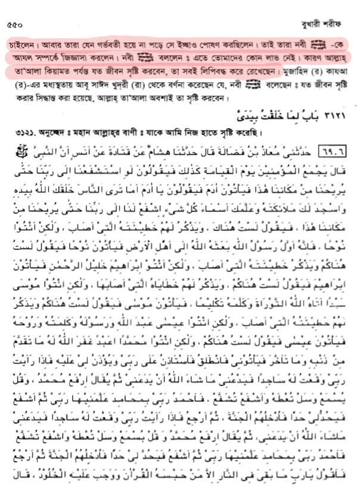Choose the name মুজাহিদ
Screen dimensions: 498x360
tap(292, 72)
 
